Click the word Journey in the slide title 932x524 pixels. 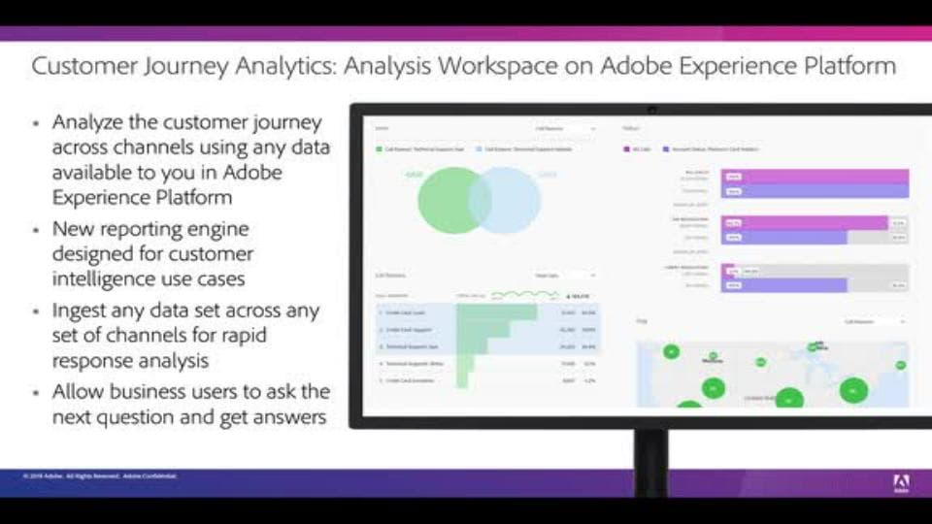point(195,67)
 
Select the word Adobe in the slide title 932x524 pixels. point(631,67)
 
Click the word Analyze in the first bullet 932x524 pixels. point(88,123)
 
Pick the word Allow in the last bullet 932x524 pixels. point(79,392)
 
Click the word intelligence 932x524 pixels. point(107,279)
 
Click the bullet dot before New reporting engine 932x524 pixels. point(37,231)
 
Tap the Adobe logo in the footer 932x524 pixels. point(901,480)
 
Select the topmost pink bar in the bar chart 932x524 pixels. point(815,177)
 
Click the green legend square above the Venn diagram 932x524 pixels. point(380,150)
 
